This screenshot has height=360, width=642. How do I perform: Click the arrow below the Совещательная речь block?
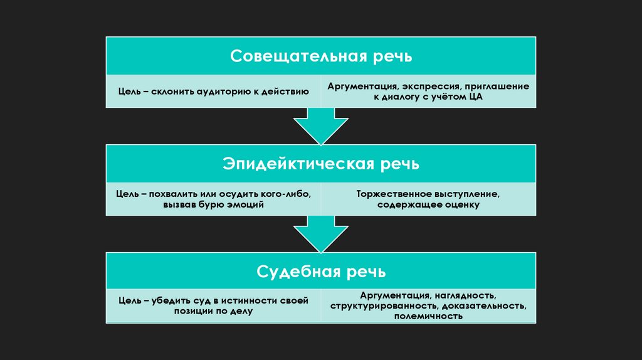coord(320,125)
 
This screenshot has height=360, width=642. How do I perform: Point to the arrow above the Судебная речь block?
coord(320,233)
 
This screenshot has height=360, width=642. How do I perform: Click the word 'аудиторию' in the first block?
coord(222,92)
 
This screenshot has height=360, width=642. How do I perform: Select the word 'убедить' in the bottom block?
coord(169,301)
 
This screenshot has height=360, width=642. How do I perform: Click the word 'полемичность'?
coord(429,317)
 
